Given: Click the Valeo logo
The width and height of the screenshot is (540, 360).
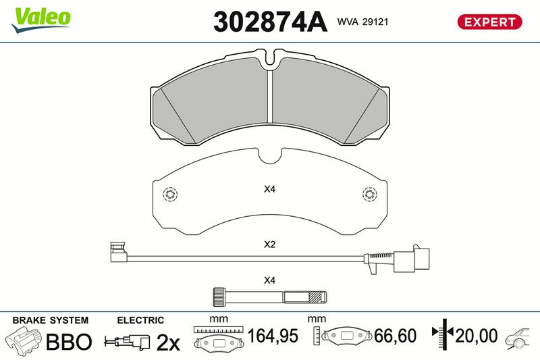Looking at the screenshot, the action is (40, 20).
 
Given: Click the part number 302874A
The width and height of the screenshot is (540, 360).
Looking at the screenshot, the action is (270, 22).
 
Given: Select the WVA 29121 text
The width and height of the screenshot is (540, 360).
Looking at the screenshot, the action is (362, 22).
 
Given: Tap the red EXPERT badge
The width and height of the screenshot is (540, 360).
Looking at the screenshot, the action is (489, 22).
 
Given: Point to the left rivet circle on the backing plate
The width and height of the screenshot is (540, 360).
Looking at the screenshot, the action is (170, 195).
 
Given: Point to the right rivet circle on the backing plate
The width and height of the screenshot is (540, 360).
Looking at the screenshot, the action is (369, 195).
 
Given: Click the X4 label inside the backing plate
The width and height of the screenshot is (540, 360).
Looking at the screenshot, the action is (269, 189).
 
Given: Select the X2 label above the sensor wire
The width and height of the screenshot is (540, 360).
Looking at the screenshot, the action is (269, 245).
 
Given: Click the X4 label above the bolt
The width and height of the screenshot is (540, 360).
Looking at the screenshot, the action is (269, 280).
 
